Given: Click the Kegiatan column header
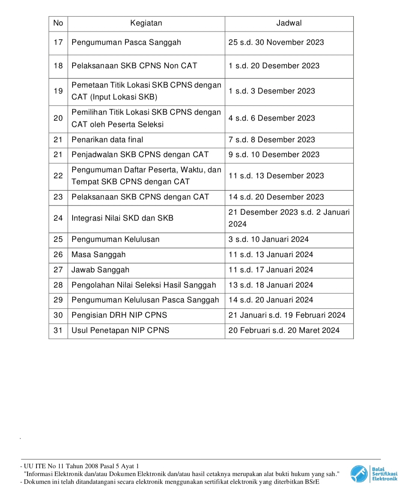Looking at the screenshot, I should click(146, 23).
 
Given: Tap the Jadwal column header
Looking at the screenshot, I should click(289, 23).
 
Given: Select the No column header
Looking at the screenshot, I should click(58, 23).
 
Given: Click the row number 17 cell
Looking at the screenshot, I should click(58, 42).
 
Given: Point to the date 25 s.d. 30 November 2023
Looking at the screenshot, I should click(276, 42).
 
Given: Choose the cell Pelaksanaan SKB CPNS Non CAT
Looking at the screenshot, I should click(134, 66).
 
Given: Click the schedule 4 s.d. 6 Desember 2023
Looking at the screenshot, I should click(272, 118).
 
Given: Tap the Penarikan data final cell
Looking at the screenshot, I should click(107, 140).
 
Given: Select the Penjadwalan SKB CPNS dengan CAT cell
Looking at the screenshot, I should click(140, 155).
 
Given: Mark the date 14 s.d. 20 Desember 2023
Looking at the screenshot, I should click(276, 197).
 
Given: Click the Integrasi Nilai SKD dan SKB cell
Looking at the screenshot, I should click(122, 218).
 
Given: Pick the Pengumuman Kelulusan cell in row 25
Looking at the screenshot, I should click(115, 239).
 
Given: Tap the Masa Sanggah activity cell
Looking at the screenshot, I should click(99, 255).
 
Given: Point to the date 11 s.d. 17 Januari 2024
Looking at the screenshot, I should click(271, 270).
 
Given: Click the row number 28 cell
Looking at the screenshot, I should click(58, 285).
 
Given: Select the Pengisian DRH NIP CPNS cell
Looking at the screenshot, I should click(119, 315).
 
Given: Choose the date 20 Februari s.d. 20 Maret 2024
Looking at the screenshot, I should click(284, 330).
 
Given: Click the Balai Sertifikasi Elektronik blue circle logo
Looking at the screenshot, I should click(359, 474).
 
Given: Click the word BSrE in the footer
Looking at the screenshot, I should click(312, 482).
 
